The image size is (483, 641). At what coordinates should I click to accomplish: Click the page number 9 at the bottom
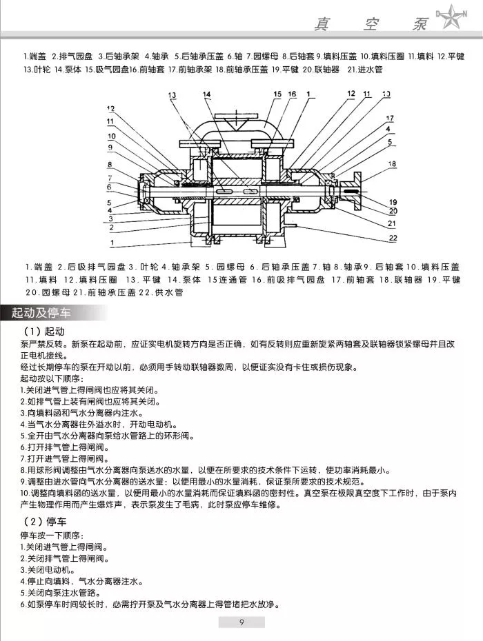coord(241,624)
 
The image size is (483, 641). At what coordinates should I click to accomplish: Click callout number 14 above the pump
coord(207,94)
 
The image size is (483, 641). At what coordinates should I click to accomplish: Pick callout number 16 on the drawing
coord(293,94)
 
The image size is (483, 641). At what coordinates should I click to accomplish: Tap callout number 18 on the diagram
coord(393,164)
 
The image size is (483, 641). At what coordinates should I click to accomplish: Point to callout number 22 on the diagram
coord(393,238)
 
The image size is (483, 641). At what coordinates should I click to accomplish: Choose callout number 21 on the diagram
coord(393,223)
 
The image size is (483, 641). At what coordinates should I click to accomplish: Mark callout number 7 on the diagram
coord(110,177)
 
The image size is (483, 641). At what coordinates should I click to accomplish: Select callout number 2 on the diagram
coord(110,226)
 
